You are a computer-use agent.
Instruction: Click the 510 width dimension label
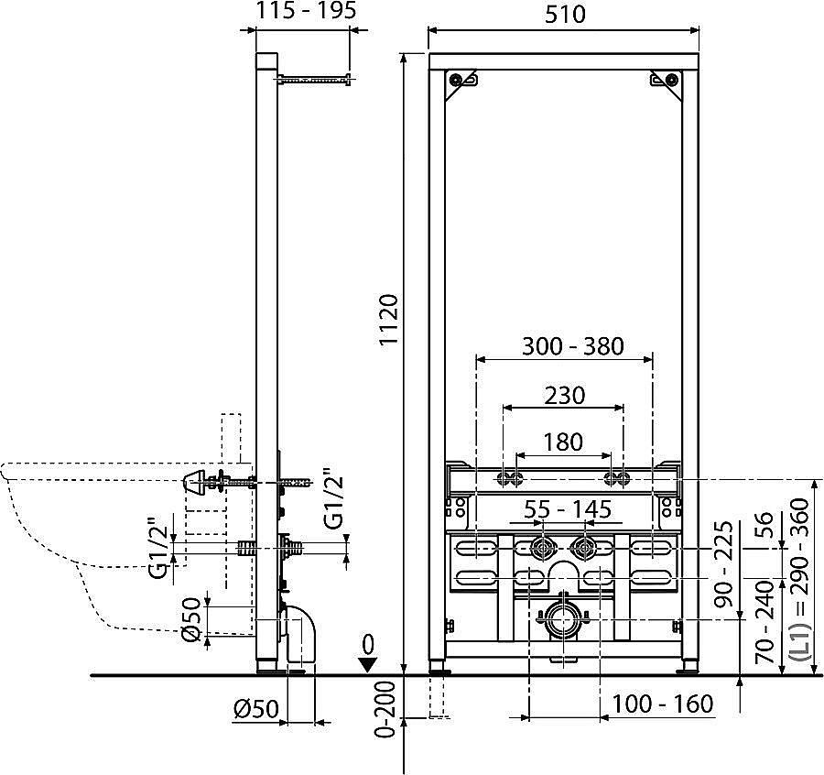[x=565, y=14]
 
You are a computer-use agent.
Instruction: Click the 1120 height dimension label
[x=390, y=320]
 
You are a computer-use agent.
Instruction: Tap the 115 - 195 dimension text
[x=306, y=11]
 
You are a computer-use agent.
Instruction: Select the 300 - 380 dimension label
[x=572, y=346]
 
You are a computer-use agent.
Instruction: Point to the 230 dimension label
[x=564, y=395]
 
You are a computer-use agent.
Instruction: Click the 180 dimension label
[x=563, y=442]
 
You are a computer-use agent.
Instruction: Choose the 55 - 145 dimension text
[x=568, y=509]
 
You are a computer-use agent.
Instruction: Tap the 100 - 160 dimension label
[x=663, y=704]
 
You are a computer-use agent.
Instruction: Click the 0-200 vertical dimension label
[x=386, y=710]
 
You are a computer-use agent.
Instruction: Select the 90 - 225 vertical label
[x=725, y=563]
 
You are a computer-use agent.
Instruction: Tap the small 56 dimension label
[x=765, y=526]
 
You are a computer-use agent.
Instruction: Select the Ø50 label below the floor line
[x=256, y=709]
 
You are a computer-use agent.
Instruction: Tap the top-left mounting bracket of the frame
[x=460, y=84]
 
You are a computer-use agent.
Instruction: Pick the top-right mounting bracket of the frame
[x=667, y=84]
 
